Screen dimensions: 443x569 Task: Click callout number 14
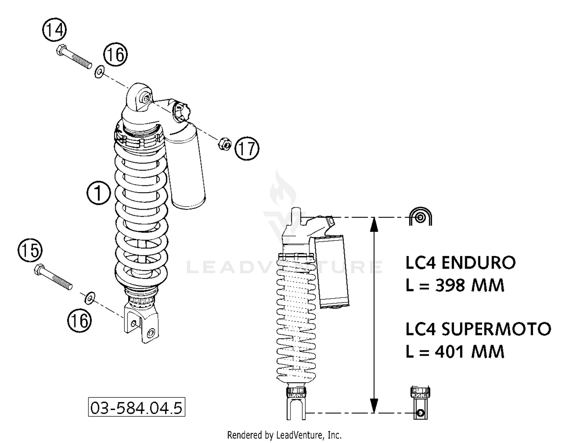54,30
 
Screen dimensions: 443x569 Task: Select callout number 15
30,250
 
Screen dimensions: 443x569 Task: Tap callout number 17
247,148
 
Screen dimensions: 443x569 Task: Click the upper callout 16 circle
115,55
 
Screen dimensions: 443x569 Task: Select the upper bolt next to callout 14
74,57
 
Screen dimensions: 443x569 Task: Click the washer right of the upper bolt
99,71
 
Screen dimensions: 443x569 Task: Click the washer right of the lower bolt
90,298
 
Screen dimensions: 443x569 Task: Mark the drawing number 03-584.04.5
137,408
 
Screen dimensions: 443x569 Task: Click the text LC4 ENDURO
461,263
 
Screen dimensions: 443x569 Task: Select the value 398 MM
470,285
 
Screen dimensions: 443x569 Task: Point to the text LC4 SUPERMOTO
478,329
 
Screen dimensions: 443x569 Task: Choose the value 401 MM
470,352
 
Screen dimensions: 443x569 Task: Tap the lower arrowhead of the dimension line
374,405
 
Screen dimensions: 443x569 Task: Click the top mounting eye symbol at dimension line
420,217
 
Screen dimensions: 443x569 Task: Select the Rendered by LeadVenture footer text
284,435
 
